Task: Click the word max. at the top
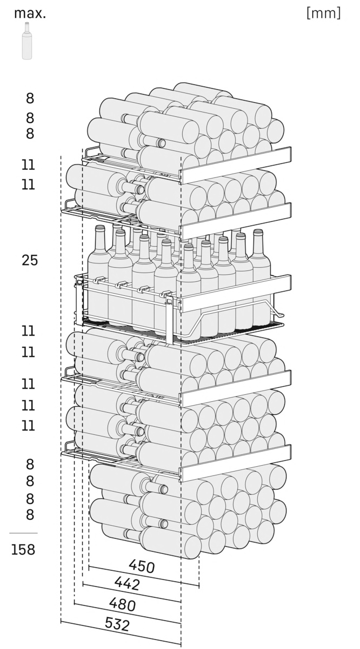30,14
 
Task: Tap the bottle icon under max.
26,43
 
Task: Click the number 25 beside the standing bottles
30,260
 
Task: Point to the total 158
23,550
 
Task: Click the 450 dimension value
142,566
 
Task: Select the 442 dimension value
128,583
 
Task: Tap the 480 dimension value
123,604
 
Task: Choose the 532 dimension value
117,625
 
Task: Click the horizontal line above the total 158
23,533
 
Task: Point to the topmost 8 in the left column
30,98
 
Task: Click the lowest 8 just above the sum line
30,515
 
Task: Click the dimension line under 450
144,576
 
